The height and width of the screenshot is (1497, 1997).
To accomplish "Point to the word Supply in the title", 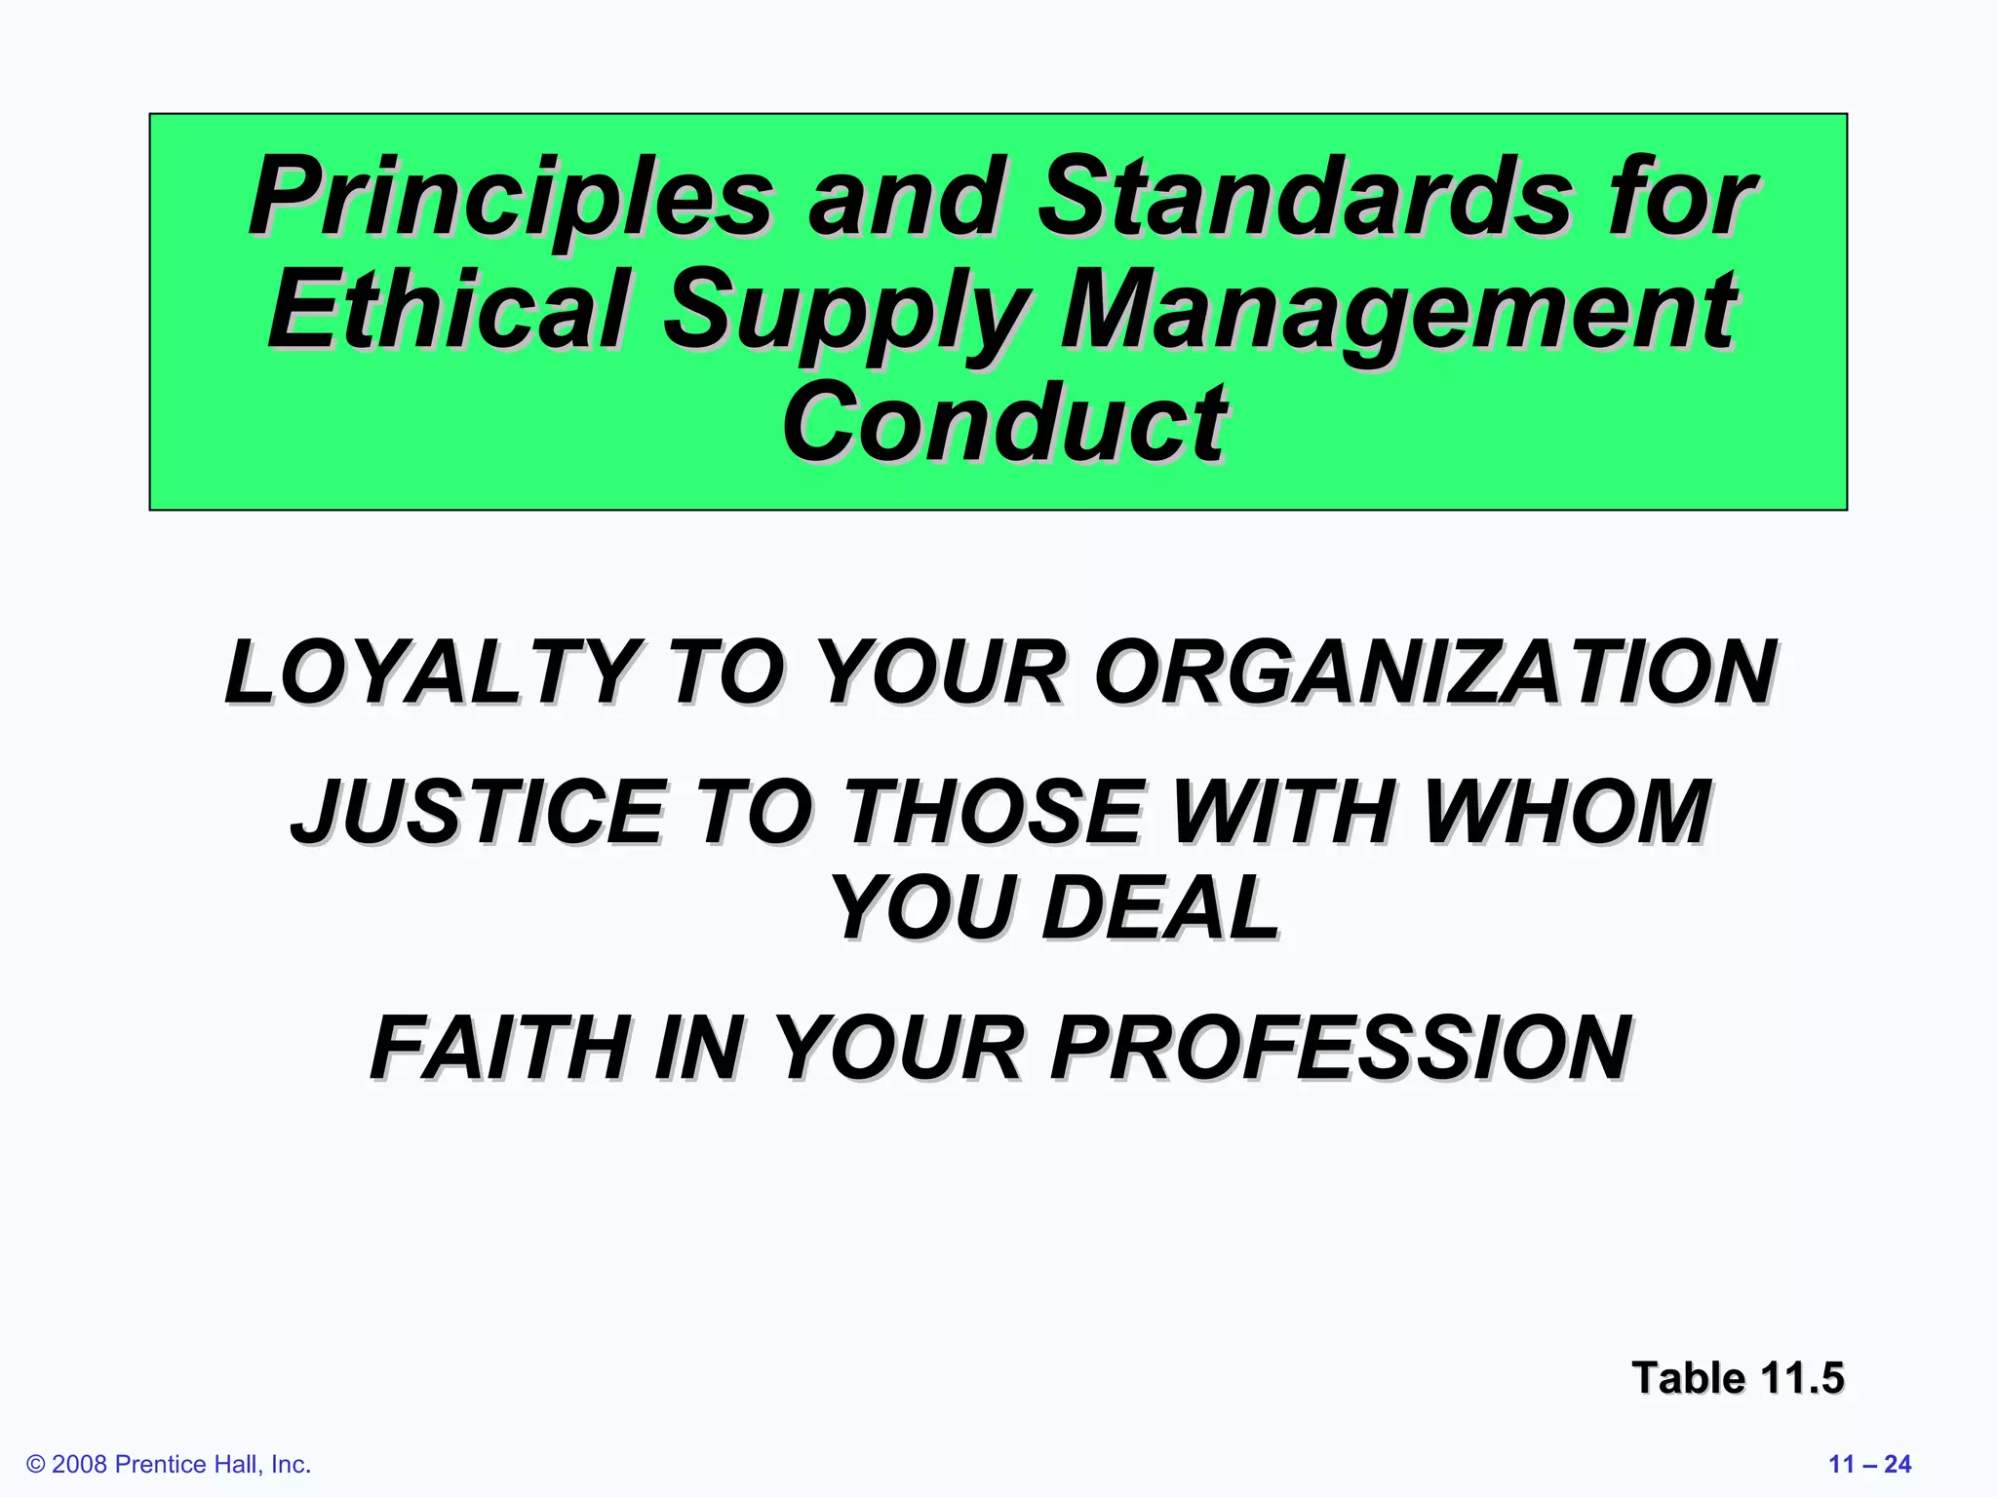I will coord(844,312).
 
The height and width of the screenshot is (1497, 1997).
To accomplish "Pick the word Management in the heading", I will coord(1398,312).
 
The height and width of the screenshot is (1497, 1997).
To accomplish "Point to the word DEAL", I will coord(1160,908).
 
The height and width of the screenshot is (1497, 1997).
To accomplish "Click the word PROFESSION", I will coord(1340,1049).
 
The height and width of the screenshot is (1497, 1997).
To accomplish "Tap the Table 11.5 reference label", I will coord(1738,1378).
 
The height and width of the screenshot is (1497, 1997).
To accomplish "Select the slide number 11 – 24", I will coord(1869,1464).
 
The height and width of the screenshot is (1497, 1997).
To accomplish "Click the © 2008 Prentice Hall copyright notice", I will coord(169,1464).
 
